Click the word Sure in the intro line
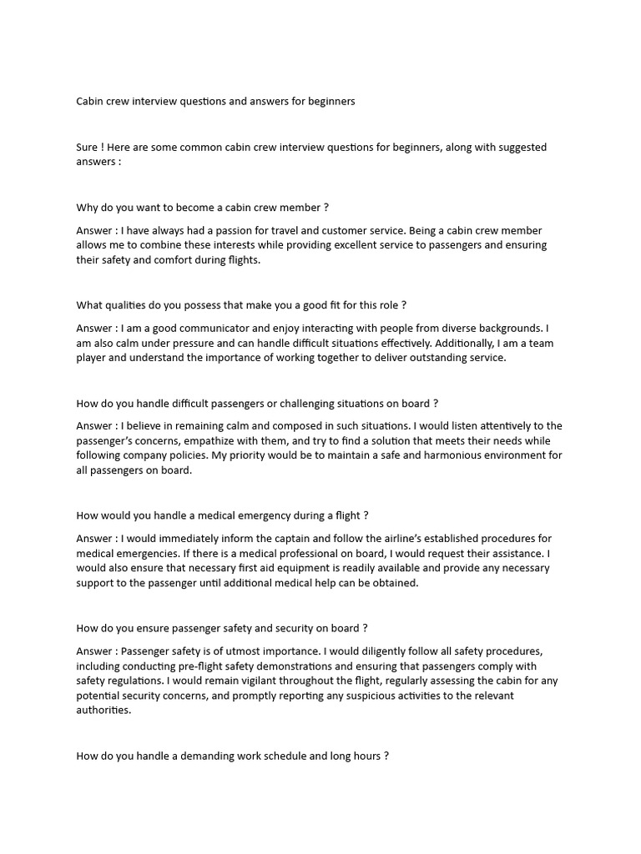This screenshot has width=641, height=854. [x=87, y=148]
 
